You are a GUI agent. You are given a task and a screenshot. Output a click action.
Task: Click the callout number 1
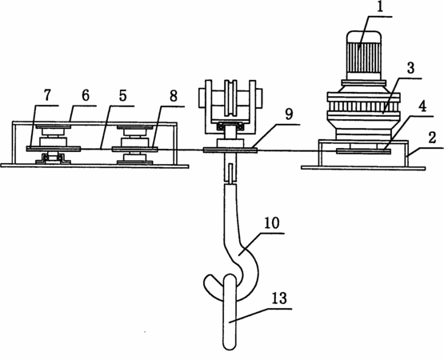click(380, 7)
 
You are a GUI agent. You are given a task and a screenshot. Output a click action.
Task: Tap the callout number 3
click(410, 68)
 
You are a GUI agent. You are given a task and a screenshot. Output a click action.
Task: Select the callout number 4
click(422, 106)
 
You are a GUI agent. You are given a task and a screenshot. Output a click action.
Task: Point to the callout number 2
click(432, 138)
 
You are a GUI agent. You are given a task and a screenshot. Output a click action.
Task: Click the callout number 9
click(289, 114)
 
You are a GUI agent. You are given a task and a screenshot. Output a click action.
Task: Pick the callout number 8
click(174, 96)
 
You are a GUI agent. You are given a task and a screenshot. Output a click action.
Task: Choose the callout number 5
click(122, 96)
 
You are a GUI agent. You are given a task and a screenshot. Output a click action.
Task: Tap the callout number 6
click(86, 95)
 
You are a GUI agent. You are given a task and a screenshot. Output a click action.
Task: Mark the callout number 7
click(47, 95)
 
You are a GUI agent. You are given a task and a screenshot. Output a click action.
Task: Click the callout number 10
click(272, 223)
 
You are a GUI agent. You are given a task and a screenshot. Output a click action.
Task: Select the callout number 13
click(279, 298)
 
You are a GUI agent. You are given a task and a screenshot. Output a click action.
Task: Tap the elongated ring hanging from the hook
click(230, 311)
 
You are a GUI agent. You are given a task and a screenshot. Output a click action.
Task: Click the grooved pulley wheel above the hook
click(230, 98)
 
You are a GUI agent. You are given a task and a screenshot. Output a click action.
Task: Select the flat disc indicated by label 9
click(230, 150)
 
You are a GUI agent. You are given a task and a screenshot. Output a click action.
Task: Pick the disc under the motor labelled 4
click(363, 151)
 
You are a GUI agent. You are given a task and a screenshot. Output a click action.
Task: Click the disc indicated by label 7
click(54, 149)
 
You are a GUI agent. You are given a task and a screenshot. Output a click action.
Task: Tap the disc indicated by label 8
click(134, 149)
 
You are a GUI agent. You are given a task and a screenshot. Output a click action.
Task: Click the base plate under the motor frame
click(363, 168)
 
